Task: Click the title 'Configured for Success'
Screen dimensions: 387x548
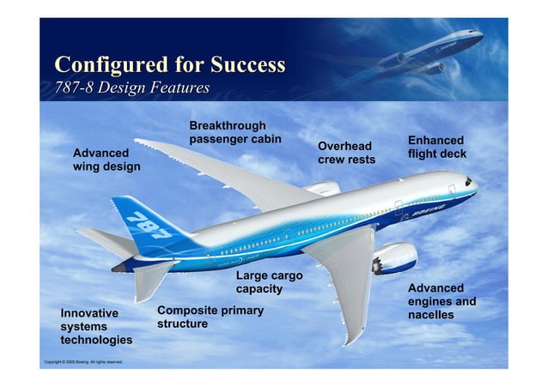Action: (x=169, y=65)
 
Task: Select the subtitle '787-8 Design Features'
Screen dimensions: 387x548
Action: (x=132, y=88)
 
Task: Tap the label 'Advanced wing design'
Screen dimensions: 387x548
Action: (x=107, y=160)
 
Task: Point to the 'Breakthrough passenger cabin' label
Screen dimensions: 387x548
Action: (x=235, y=132)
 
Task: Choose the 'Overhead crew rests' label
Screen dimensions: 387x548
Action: (x=346, y=154)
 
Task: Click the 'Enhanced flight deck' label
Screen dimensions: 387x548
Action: (x=436, y=148)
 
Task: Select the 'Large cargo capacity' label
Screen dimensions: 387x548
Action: (x=269, y=282)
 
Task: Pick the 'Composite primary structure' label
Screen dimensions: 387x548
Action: (x=210, y=317)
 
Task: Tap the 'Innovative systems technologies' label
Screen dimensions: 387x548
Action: (x=95, y=327)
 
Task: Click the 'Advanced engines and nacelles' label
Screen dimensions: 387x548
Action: (x=441, y=301)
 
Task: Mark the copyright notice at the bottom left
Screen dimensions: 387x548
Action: (x=83, y=362)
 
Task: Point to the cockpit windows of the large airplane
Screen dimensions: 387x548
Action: (x=468, y=182)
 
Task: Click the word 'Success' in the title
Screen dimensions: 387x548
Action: (x=244, y=65)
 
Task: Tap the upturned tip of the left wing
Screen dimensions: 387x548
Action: (x=143, y=142)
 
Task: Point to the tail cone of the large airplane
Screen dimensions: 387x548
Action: (x=119, y=267)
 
